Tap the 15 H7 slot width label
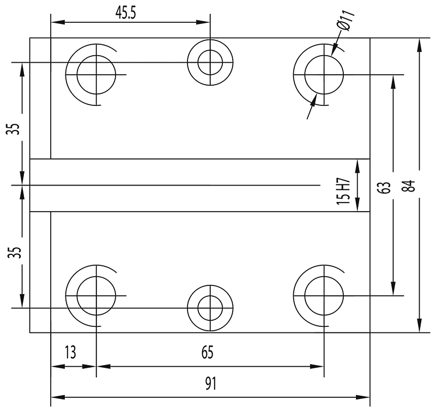[342, 191]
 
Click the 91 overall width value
[210, 384]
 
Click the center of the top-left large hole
[96, 74]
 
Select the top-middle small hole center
[210, 62]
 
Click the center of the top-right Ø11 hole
[324, 74]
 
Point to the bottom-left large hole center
[96, 296]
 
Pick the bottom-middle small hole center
[210, 308]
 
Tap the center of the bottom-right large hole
[324, 296]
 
